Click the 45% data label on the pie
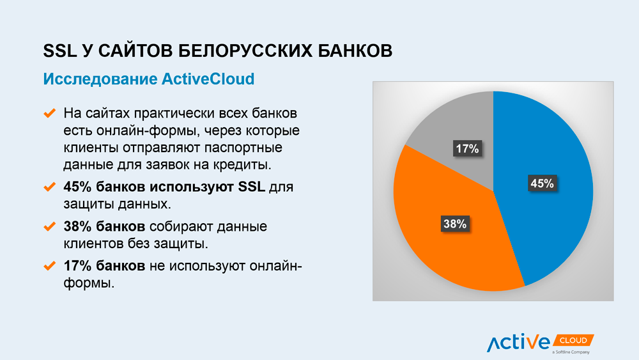coord(542,184)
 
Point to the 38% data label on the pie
coord(455,224)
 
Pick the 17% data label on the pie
coord(468,148)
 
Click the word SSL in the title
coord(60,51)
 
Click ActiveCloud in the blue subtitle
coord(208,79)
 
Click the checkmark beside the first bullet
coord(49,113)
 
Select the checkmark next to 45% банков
coord(49,187)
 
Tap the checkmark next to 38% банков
coord(49,226)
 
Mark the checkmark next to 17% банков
coord(49,266)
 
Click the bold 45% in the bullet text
coord(77,187)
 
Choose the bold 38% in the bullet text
coord(77,226)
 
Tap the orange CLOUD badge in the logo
coord(573,340)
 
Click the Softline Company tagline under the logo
coord(571,352)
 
